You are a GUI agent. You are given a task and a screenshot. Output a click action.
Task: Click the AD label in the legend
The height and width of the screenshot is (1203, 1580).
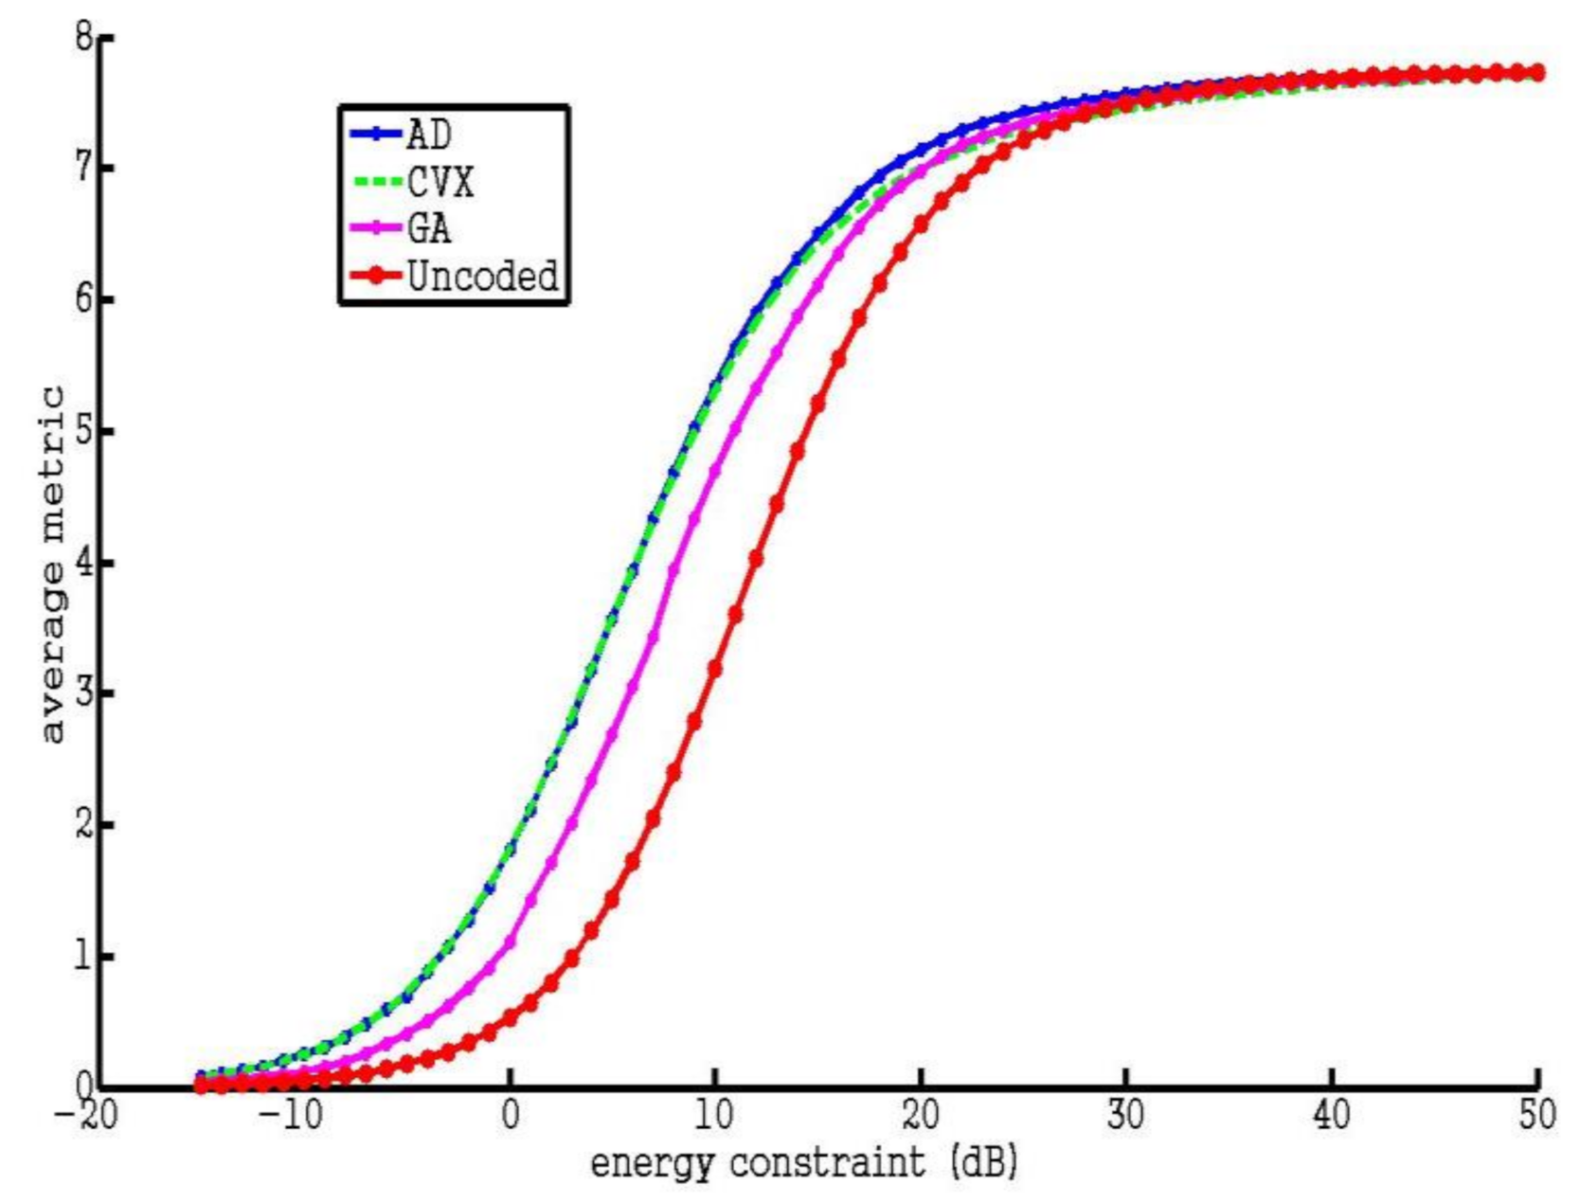pyautogui.click(x=429, y=135)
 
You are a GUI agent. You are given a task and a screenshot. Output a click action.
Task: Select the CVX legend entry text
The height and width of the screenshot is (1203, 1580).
pyautogui.click(x=440, y=182)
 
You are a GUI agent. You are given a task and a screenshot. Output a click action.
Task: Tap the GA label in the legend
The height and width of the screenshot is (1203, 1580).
pyautogui.click(x=429, y=228)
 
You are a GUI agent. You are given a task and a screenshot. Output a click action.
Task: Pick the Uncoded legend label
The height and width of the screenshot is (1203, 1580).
pyautogui.click(x=482, y=277)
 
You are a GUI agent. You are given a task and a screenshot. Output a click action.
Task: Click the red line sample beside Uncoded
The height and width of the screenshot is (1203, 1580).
pyautogui.click(x=377, y=277)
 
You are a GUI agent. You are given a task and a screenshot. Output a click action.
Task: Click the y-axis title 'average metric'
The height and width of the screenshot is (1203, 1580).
pyautogui.click(x=51, y=565)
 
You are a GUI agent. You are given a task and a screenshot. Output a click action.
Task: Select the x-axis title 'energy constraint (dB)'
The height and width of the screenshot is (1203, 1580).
pyautogui.click(x=804, y=1162)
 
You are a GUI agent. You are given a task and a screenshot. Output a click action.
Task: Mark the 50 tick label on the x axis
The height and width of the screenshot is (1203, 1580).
pyautogui.click(x=1536, y=1115)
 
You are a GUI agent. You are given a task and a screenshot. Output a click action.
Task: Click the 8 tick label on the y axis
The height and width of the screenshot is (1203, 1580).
pyautogui.click(x=83, y=38)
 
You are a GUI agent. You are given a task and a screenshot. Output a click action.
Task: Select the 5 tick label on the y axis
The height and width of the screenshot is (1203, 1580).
pyautogui.click(x=83, y=432)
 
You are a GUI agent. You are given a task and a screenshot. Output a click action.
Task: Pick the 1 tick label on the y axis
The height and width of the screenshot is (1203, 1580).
pyautogui.click(x=83, y=957)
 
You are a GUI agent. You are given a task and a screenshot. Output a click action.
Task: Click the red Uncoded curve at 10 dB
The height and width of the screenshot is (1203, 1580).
pyautogui.click(x=715, y=669)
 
